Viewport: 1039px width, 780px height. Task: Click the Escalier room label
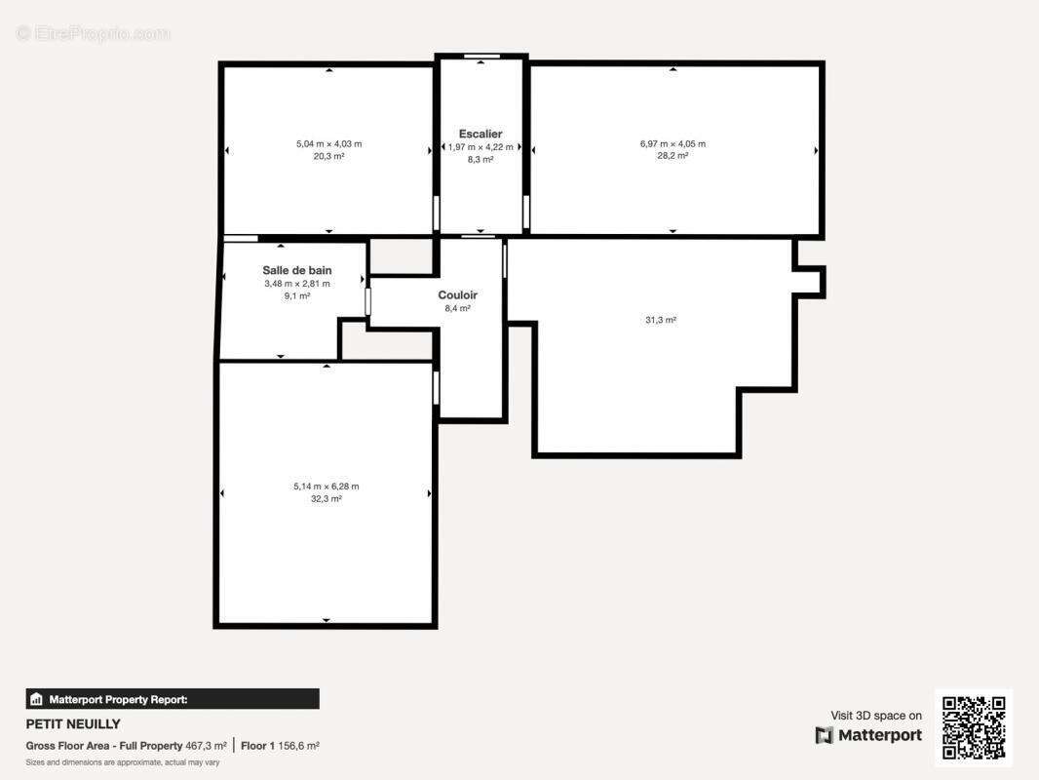[x=481, y=134]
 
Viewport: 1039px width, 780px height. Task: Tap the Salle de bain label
[x=297, y=270]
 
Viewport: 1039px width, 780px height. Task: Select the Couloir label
[x=457, y=294]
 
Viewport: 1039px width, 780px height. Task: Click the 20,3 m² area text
[x=328, y=156]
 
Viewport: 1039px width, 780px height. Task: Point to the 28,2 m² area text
[x=673, y=156]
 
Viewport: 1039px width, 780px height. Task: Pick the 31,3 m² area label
[x=661, y=320]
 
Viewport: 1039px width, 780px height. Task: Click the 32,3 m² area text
[x=326, y=499]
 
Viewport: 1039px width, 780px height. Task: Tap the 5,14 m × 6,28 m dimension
[x=326, y=487]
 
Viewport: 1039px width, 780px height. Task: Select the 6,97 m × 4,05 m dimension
[x=673, y=143]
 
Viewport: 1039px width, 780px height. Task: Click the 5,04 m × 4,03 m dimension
[x=328, y=143]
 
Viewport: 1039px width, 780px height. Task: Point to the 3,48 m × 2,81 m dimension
[x=297, y=284]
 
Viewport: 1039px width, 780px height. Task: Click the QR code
[x=974, y=727]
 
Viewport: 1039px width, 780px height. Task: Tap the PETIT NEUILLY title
[x=73, y=724]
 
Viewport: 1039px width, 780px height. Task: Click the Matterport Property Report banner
[x=173, y=699]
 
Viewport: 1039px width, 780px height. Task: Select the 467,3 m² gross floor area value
[x=206, y=746]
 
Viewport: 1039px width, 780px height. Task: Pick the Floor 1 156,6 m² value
[x=281, y=746]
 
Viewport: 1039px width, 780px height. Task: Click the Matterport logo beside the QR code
[x=868, y=735]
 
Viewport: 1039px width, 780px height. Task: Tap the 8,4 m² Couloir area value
[x=457, y=309]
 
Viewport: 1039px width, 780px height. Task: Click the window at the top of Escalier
[x=481, y=57]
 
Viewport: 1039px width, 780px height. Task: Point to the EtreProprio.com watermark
[x=94, y=33]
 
